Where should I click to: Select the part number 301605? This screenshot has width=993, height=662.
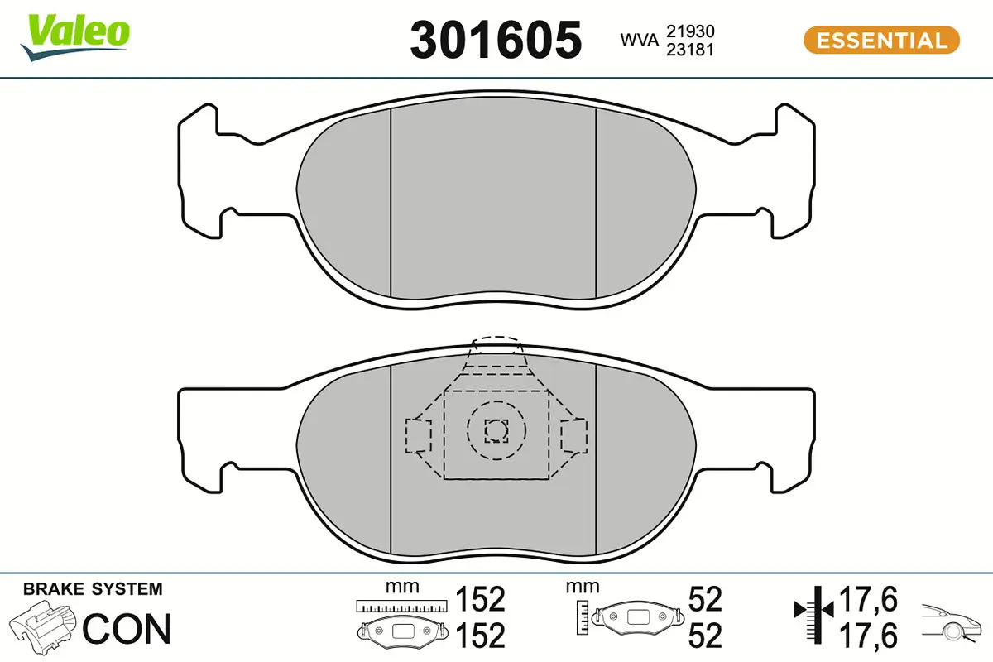[496, 41]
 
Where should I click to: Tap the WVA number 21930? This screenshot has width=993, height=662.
[690, 31]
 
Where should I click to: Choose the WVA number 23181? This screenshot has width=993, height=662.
[690, 50]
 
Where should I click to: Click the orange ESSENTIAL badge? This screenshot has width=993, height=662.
[881, 40]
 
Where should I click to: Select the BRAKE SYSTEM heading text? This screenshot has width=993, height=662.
[93, 589]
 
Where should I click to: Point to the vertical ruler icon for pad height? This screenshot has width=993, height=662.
[584, 615]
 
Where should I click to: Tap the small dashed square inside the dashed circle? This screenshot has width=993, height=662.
[496, 430]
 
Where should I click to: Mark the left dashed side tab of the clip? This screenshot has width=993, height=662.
[417, 435]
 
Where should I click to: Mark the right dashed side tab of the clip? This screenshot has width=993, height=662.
[573, 435]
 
